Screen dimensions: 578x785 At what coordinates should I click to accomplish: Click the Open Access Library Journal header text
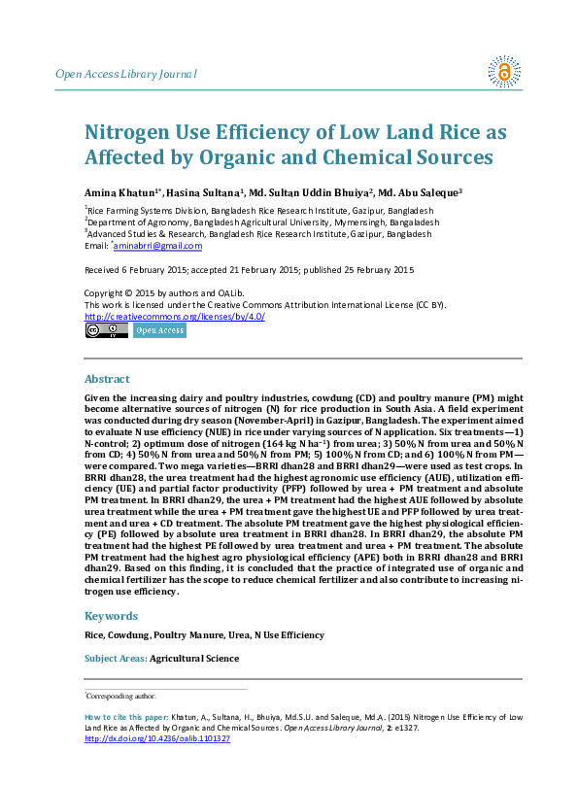click(126, 74)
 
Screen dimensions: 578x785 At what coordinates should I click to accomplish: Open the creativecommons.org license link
click(175, 317)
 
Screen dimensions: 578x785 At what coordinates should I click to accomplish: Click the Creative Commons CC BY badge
click(106, 330)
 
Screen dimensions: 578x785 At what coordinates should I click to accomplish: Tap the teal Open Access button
click(158, 330)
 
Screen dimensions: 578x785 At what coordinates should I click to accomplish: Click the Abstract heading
click(107, 379)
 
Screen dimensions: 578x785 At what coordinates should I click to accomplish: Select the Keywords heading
click(112, 616)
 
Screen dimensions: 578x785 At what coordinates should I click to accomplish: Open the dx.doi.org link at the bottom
click(157, 738)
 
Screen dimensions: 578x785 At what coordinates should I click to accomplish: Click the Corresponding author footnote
click(120, 697)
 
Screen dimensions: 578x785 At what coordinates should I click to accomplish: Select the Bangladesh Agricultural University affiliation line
click(262, 222)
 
